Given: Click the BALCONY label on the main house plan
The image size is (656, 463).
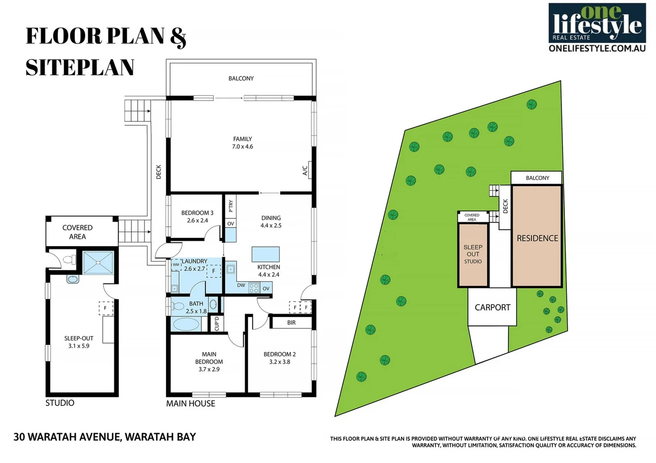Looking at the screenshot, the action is pyautogui.click(x=241, y=78).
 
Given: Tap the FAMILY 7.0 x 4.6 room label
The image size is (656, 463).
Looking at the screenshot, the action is pyautogui.click(x=243, y=143).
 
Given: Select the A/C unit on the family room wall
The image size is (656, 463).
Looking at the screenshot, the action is pyautogui.click(x=310, y=170).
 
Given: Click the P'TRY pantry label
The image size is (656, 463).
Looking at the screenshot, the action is pyautogui.click(x=231, y=206).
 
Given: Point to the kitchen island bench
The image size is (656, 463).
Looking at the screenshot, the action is pyautogui.click(x=266, y=254).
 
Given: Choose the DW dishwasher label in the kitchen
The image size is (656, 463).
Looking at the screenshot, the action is pyautogui.click(x=241, y=285).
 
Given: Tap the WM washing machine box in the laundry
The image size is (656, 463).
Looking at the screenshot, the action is pyautogui.click(x=176, y=265).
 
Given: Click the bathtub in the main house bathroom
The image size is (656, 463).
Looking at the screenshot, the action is pyautogui.click(x=187, y=325).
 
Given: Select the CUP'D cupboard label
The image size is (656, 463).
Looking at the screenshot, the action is pyautogui.click(x=217, y=324).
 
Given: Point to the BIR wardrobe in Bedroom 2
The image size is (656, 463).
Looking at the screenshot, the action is pyautogui.click(x=291, y=322).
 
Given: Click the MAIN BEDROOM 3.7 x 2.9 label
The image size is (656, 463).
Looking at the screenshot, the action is pyautogui.click(x=209, y=361).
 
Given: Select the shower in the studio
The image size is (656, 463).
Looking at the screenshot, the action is pyautogui.click(x=98, y=262).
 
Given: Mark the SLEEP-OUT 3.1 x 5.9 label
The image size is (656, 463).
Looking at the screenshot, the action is pyautogui.click(x=79, y=342).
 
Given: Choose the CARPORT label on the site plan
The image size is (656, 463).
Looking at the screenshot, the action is pyautogui.click(x=492, y=307).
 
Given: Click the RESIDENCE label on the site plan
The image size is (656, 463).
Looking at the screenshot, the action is pyautogui.click(x=538, y=238).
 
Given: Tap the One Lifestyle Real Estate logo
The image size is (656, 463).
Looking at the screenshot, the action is pyautogui.click(x=597, y=27).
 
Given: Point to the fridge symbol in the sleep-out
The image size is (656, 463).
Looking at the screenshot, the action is pyautogui.click(x=106, y=308).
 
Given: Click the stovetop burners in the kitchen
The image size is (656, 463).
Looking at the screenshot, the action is pyautogui.click(x=254, y=287).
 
